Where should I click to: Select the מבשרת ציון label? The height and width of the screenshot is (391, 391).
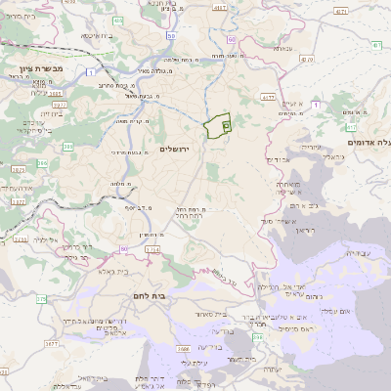(x=40, y=70)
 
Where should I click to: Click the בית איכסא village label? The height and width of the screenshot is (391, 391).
(x=96, y=36)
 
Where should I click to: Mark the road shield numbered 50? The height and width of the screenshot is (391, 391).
(x=170, y=36)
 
